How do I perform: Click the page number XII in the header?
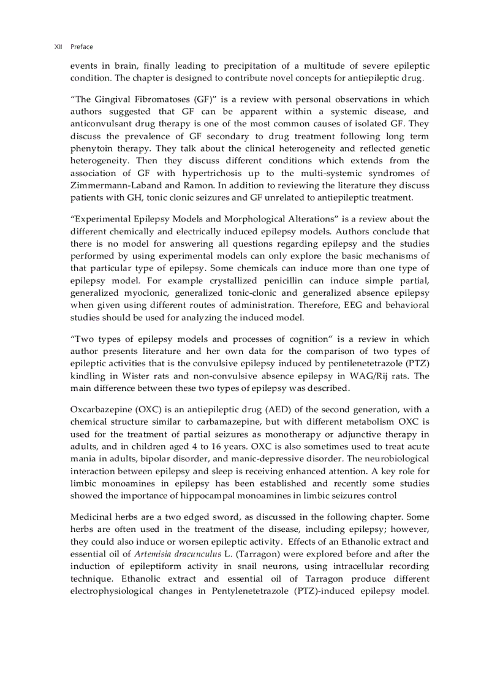58,47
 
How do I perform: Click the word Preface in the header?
81,47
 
